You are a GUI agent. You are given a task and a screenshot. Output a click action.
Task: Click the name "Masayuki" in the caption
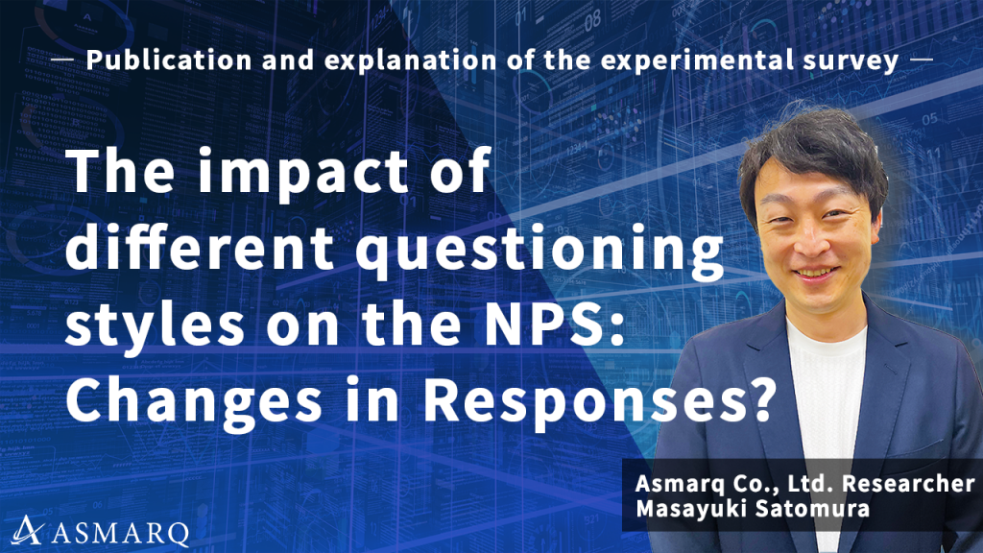687,510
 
